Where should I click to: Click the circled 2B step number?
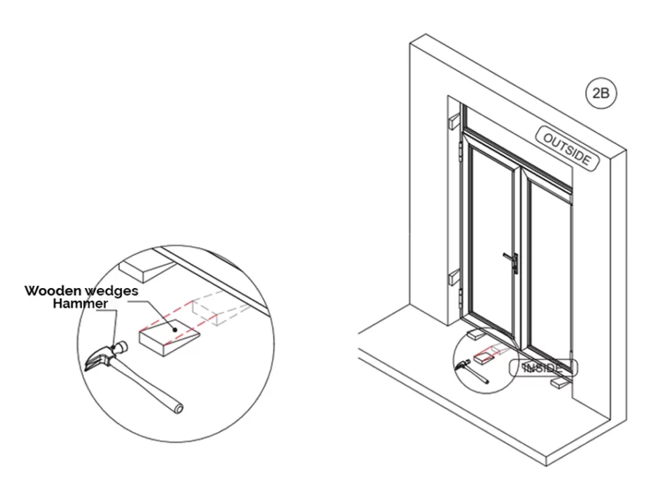(x=601, y=93)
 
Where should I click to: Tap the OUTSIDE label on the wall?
(x=567, y=149)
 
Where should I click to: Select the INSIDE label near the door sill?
(x=543, y=368)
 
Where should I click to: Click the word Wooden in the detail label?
(x=52, y=291)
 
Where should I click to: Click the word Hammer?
(x=80, y=304)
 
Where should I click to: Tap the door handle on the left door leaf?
(x=512, y=262)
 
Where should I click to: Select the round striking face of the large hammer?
(x=121, y=347)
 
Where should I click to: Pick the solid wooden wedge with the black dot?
(x=169, y=337)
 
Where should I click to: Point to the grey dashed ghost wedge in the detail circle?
(x=220, y=309)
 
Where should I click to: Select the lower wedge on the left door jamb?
(x=453, y=279)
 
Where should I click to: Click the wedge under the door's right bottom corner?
(x=559, y=383)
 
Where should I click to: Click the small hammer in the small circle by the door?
(x=472, y=370)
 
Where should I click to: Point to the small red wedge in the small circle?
(x=482, y=357)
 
